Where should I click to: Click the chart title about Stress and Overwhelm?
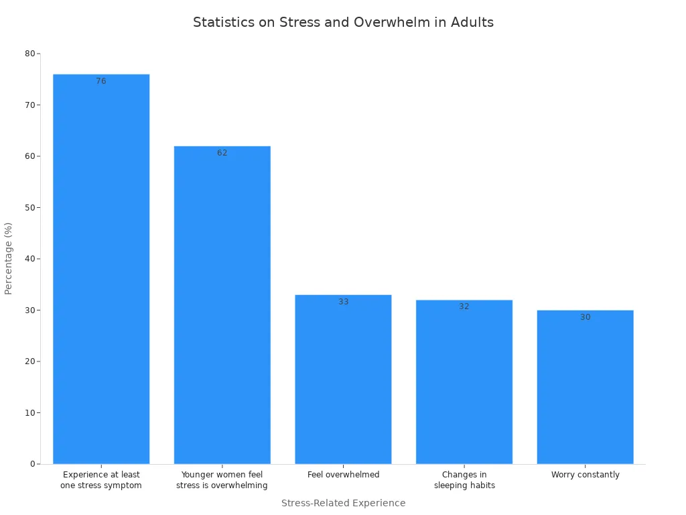[343, 22]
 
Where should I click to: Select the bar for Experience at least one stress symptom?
[101, 268]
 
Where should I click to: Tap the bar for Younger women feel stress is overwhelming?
[222, 305]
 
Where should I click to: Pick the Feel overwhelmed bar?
[343, 379]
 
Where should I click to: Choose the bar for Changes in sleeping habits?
[464, 382]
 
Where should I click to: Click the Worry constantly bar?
[585, 387]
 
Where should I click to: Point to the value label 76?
[101, 81]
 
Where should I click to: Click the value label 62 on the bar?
[222, 153]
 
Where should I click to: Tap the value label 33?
[343, 302]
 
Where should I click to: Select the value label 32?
[464, 306]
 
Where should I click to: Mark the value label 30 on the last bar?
[585, 317]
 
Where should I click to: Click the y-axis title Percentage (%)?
[9, 258]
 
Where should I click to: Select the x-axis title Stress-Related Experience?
[343, 503]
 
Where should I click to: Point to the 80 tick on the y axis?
[29, 54]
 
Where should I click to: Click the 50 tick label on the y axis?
[29, 207]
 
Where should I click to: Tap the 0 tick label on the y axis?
[32, 464]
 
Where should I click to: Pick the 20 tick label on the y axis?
[29, 361]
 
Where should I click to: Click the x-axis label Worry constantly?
[585, 475]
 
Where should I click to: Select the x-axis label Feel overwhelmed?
[343, 475]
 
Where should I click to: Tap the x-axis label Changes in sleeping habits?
[464, 480]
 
